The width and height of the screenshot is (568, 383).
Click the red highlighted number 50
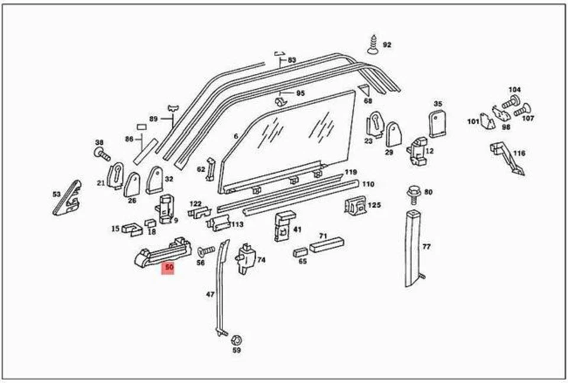170,268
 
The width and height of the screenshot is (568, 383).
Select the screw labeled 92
373,44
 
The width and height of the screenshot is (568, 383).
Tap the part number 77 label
426,247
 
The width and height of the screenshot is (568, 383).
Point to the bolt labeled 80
412,194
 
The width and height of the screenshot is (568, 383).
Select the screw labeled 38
102,155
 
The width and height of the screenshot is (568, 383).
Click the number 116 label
518,154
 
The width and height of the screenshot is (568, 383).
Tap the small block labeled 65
300,252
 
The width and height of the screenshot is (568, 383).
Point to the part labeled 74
245,258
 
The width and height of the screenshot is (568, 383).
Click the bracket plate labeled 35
437,124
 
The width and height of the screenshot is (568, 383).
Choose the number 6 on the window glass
235,137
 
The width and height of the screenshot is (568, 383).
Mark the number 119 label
351,173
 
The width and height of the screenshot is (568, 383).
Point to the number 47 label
210,294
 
